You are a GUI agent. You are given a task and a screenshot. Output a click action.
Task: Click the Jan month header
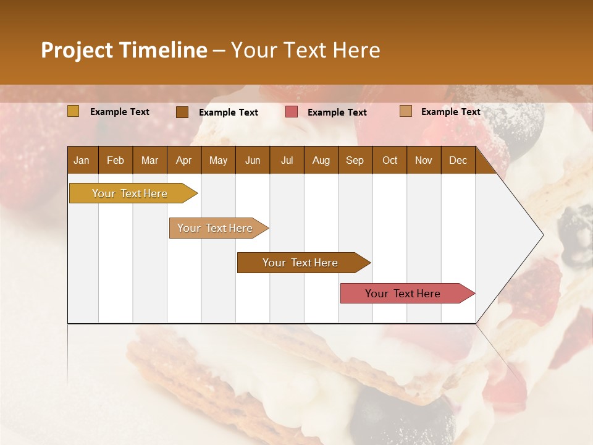point(82,161)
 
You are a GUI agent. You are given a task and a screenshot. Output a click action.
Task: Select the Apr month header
point(183,161)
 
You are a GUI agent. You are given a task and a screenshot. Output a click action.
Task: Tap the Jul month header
point(287,161)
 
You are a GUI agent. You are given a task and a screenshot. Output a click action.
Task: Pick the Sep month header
point(355,161)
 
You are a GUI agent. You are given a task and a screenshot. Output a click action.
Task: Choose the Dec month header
point(458,161)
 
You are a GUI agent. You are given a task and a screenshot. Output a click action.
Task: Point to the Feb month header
point(116,161)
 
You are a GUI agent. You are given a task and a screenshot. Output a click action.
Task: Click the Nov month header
point(423,161)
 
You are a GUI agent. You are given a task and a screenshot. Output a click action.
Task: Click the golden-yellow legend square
point(74,111)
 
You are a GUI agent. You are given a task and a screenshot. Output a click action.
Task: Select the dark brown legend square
point(182,112)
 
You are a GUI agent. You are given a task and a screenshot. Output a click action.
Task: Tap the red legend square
point(292,112)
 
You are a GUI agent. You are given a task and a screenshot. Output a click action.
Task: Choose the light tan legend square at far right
point(406,111)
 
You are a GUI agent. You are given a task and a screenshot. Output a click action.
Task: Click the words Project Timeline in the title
point(124,50)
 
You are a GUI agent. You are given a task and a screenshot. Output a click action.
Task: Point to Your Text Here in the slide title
point(305,50)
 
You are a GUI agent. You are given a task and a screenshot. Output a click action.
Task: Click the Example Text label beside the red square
point(337,112)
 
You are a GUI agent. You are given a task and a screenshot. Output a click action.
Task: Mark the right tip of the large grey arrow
point(542,235)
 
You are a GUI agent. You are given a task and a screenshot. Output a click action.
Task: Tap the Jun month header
point(253,161)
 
